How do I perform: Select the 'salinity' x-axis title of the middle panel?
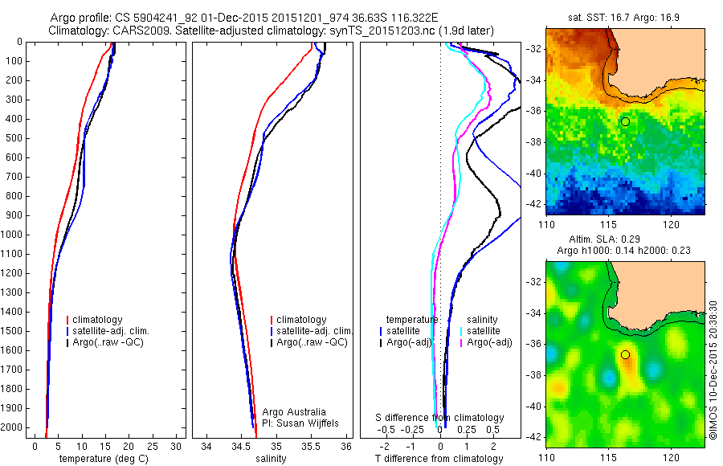pyautogui.click(x=270, y=459)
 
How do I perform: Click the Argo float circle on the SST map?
pyautogui.click(x=625, y=121)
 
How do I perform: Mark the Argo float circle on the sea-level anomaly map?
pyautogui.click(x=625, y=354)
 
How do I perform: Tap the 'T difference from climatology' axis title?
pyautogui.click(x=439, y=459)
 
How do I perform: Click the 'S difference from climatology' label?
pyautogui.click(x=440, y=418)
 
